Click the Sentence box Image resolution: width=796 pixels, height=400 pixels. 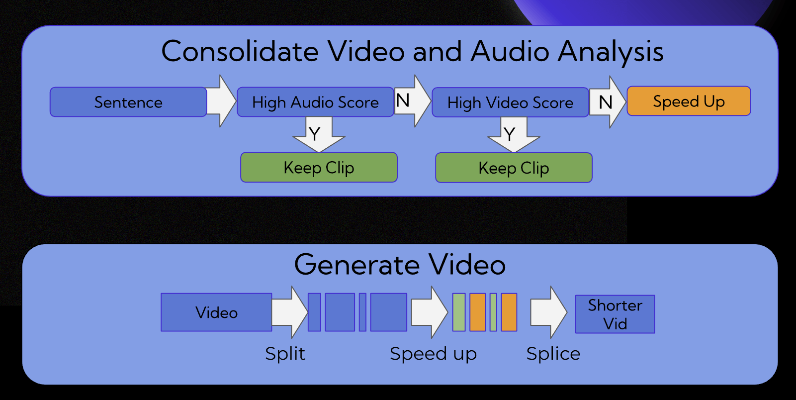click(128, 102)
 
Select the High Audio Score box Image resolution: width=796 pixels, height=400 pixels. click(315, 102)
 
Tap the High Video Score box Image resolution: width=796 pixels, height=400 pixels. click(510, 103)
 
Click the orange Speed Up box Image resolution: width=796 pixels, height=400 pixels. click(689, 101)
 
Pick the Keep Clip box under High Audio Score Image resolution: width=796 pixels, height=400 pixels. click(319, 168)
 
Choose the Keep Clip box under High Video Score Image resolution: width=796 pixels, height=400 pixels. click(514, 168)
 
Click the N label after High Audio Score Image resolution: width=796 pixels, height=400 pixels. click(403, 100)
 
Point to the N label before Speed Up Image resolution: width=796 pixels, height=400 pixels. click(605, 102)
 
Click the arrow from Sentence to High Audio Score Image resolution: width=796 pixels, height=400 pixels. click(221, 101)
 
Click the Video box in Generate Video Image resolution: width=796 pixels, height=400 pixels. click(216, 312)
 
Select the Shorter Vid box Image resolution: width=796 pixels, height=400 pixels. click(615, 314)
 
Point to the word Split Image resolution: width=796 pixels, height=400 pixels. click(285, 354)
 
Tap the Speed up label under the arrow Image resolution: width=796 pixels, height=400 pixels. click(433, 354)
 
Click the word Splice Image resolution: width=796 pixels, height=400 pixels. click(553, 354)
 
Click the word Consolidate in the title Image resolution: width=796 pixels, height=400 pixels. click(240, 51)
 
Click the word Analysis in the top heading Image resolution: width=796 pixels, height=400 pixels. click(610, 52)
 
